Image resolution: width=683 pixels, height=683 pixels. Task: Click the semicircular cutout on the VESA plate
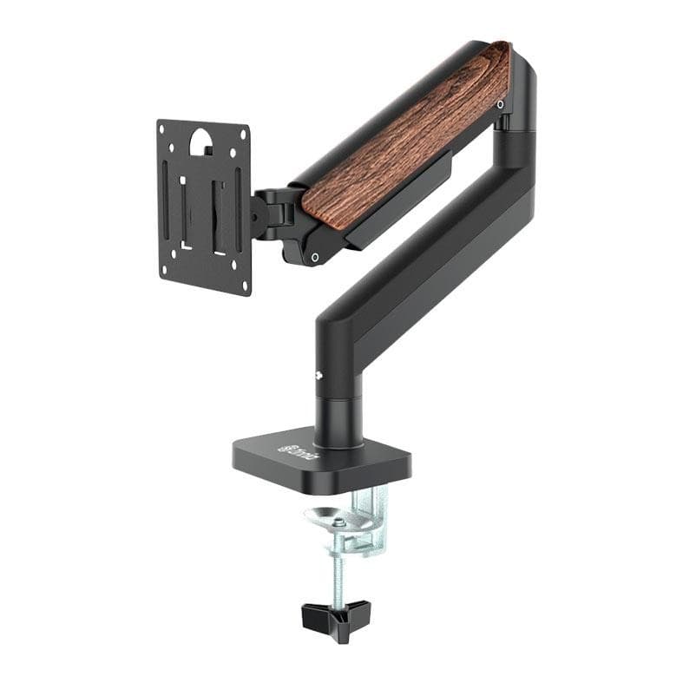pyautogui.click(x=200, y=139)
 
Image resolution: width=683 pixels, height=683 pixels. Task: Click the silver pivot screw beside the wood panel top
pyautogui.click(x=501, y=104)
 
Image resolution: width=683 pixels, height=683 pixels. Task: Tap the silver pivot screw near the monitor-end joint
pyautogui.click(x=314, y=257)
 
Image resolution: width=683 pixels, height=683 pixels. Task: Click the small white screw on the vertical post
pyautogui.click(x=319, y=376)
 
